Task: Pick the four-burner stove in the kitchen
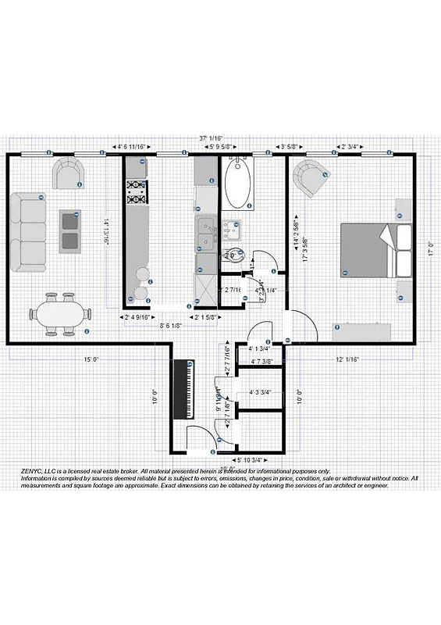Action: tap(137, 191)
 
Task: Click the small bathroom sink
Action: tap(232, 229)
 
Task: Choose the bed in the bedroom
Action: tap(375, 250)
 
